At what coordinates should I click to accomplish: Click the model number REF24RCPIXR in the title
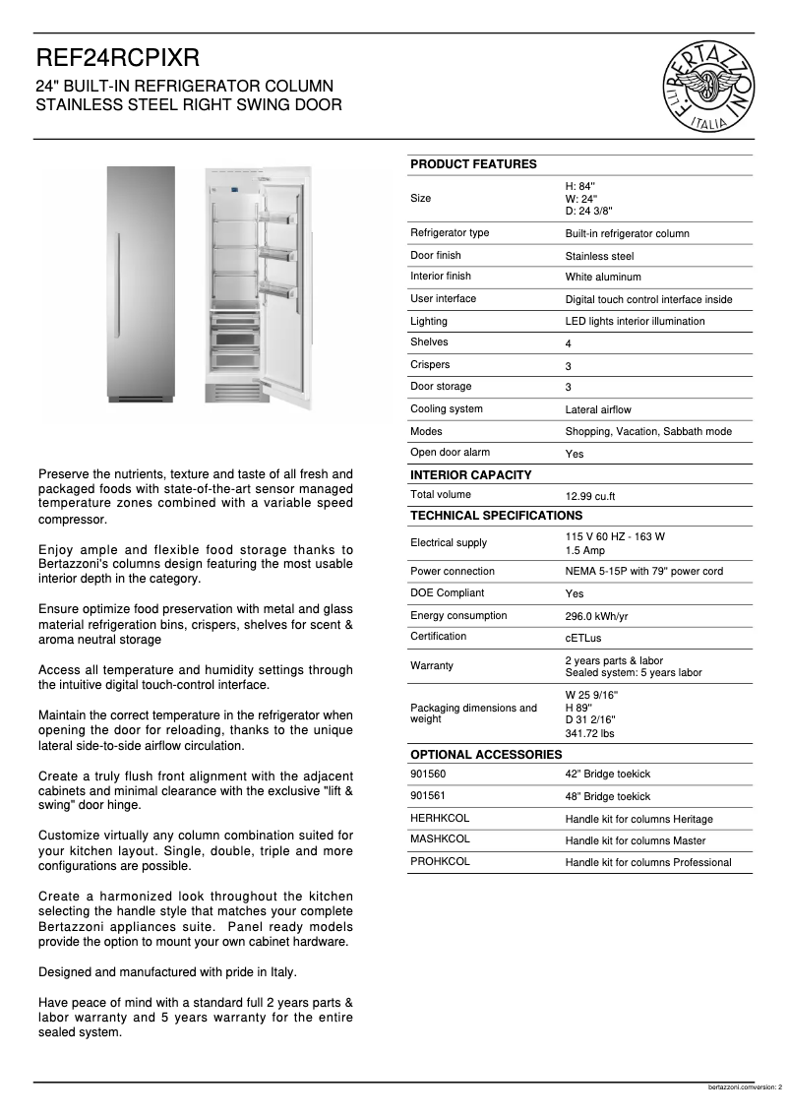[117, 60]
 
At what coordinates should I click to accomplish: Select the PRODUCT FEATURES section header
[473, 164]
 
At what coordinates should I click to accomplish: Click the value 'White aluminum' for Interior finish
[602, 278]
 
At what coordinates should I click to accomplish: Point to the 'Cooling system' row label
[446, 408]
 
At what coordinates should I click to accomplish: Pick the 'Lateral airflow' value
[597, 409]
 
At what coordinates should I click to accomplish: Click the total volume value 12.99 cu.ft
[590, 497]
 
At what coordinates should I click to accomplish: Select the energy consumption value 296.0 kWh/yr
[596, 617]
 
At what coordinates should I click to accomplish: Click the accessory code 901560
[427, 775]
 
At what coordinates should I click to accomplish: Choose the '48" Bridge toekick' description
[607, 797]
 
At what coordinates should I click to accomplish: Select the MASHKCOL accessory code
[440, 839]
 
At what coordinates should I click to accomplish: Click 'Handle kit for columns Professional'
[647, 862]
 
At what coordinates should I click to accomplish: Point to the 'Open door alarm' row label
[450, 453]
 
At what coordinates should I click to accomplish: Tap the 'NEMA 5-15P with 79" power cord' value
[643, 572]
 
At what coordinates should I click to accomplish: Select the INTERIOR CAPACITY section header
[470, 475]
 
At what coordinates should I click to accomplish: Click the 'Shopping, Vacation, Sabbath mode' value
[647, 432]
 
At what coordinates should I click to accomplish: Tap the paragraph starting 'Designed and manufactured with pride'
[167, 972]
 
